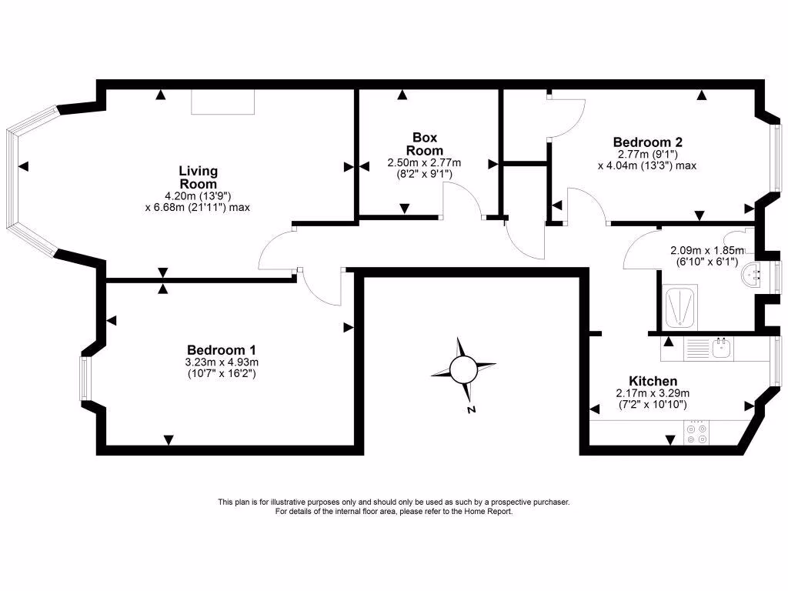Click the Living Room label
coord(198,177)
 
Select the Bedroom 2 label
coord(647,142)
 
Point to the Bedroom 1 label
coord(222,348)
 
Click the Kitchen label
coord(653,381)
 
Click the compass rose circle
coord(463,369)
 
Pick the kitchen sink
coord(720,350)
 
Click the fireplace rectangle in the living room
coord(222,102)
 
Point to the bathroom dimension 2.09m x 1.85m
coord(707,250)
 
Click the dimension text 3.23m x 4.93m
coord(222,362)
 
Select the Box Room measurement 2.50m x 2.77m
coord(424,162)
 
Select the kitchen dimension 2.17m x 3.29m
coord(653,393)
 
